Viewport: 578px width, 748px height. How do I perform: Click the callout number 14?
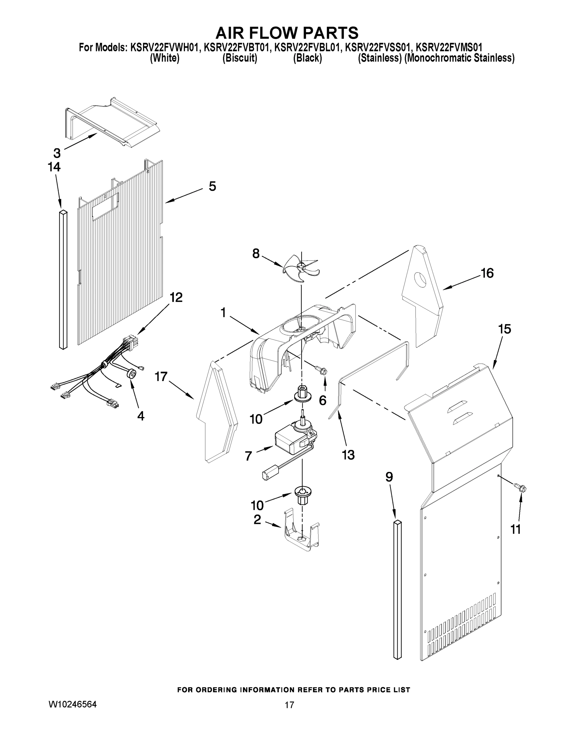[54, 167]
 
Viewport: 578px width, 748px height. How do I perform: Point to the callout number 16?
[487, 273]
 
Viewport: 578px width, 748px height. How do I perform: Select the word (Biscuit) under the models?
[240, 58]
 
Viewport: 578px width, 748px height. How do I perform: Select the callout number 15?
[504, 329]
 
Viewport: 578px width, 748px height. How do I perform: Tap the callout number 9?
[389, 477]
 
